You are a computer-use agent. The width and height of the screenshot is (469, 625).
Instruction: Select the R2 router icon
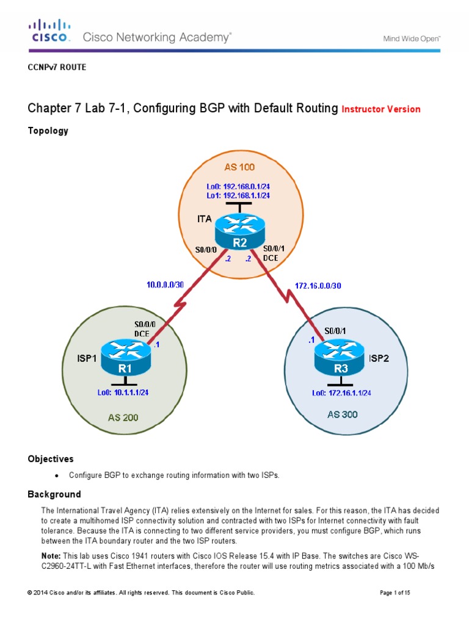(x=239, y=234)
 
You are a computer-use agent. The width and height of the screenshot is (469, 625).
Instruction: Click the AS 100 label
(x=240, y=167)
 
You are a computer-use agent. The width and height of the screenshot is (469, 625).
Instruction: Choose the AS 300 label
(x=341, y=414)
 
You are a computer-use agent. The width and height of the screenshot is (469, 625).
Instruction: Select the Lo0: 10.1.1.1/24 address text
(x=123, y=392)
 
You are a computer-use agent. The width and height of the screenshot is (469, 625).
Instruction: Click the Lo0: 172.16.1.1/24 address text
(x=341, y=393)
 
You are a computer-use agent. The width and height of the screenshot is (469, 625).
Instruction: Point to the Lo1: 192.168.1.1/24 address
(x=238, y=195)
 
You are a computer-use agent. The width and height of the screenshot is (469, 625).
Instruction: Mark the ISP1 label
(x=87, y=359)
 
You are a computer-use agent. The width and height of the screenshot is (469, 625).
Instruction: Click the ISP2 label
(x=378, y=359)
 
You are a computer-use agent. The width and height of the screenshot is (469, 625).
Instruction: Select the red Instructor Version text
(x=381, y=109)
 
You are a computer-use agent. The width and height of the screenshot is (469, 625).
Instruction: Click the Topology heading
(x=48, y=131)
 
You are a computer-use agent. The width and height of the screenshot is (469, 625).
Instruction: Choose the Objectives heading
(x=51, y=458)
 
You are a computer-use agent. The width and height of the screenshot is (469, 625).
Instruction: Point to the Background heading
(x=54, y=493)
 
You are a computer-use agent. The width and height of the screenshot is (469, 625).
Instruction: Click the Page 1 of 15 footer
(x=399, y=593)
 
